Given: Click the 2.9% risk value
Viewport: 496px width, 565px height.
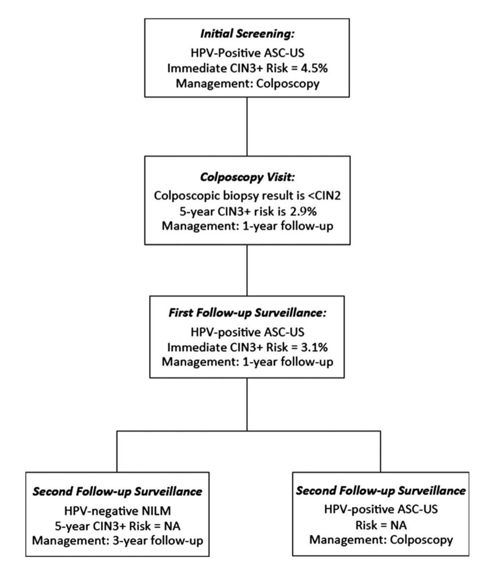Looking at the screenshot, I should click(306, 211).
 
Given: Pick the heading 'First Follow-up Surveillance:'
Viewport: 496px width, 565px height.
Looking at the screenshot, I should click(247, 314).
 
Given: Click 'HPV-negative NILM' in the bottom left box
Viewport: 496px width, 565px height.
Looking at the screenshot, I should click(117, 509).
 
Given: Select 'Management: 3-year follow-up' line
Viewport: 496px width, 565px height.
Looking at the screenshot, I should click(117, 540).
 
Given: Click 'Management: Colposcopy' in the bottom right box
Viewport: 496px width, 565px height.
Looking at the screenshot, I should click(381, 539).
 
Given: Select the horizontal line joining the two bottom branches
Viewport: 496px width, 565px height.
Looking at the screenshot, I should click(247, 431).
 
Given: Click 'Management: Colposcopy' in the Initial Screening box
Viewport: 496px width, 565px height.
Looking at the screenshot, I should click(247, 84).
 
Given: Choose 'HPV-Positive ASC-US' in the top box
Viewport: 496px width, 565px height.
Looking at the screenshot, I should click(247, 52).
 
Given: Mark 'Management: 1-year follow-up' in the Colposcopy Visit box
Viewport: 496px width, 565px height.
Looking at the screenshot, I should click(247, 226).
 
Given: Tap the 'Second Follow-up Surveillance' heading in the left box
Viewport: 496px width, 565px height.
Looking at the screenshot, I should click(117, 492).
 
